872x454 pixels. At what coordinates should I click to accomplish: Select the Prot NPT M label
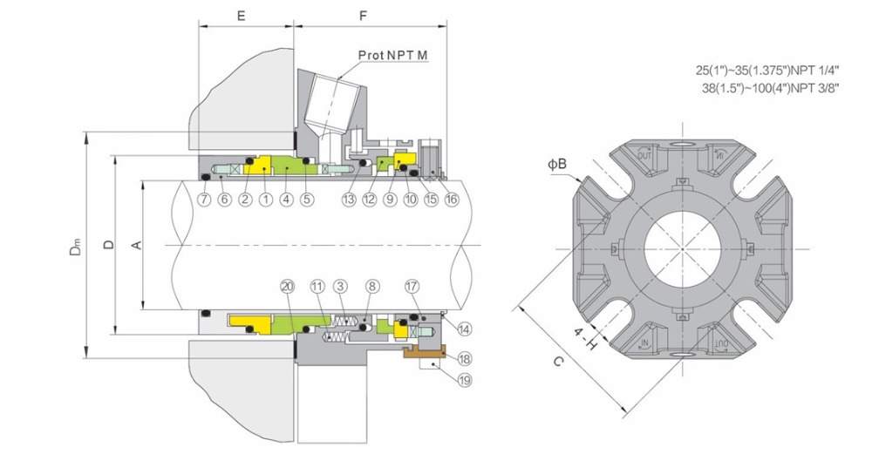[393, 56]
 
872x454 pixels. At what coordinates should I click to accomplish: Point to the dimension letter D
[107, 245]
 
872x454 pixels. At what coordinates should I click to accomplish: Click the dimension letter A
[135, 246]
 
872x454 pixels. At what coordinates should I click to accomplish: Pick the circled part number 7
[203, 200]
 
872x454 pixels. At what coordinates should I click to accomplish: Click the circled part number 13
[349, 200]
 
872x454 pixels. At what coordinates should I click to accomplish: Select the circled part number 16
[450, 200]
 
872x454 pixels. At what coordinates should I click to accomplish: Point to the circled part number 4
[285, 200]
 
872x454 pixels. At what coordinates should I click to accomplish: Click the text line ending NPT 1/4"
[766, 68]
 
